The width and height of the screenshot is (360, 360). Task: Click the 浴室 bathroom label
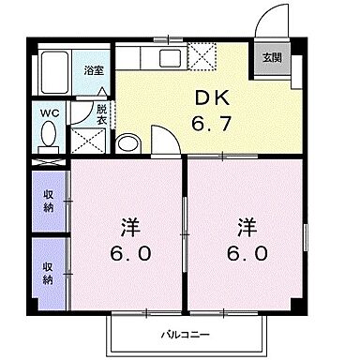(x=94, y=70)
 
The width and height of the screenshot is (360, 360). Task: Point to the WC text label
(x=48, y=110)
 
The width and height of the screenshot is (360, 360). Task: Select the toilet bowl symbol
(x=48, y=137)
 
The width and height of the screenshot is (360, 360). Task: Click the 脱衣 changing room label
(x=103, y=114)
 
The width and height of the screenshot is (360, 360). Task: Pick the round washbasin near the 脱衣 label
(x=127, y=143)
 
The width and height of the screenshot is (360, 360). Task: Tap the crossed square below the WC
(x=89, y=142)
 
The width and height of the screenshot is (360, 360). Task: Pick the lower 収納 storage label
(x=47, y=268)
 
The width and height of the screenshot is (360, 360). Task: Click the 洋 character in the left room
(x=128, y=226)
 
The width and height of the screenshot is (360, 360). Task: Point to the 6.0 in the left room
(x=128, y=253)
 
